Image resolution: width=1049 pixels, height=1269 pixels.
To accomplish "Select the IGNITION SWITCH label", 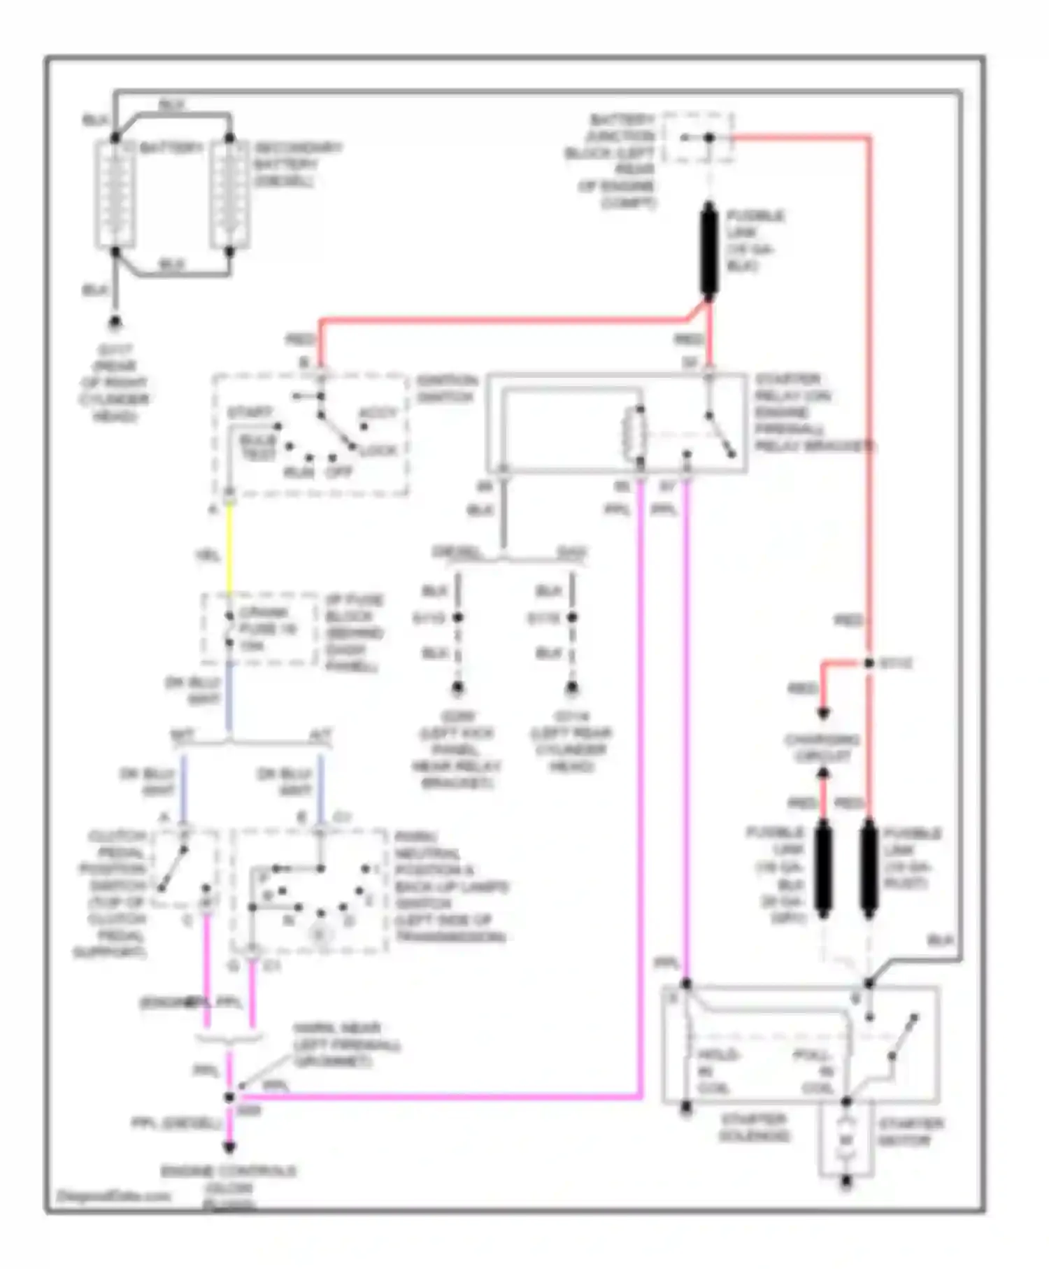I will (x=446, y=389).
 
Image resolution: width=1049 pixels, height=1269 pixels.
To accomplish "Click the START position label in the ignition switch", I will (x=250, y=413).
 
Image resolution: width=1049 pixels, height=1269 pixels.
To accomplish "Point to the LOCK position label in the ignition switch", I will (x=378, y=450).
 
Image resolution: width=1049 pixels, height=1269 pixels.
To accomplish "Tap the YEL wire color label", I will (x=207, y=556).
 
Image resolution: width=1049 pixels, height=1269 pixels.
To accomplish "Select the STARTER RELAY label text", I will (x=811, y=413).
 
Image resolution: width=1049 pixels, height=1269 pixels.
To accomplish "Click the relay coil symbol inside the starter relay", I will (x=635, y=434).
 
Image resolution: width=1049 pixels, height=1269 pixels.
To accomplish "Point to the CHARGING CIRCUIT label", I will (x=822, y=748).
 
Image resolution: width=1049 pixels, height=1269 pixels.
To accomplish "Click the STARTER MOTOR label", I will (x=910, y=1132).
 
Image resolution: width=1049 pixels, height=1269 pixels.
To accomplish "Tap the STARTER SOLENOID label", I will (x=754, y=1128).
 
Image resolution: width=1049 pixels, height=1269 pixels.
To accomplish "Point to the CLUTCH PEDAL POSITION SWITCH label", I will (x=112, y=894).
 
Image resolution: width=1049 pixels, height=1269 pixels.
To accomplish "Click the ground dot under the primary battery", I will (x=115, y=322).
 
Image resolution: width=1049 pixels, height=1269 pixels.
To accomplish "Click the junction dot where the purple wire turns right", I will (x=229, y=1096).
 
